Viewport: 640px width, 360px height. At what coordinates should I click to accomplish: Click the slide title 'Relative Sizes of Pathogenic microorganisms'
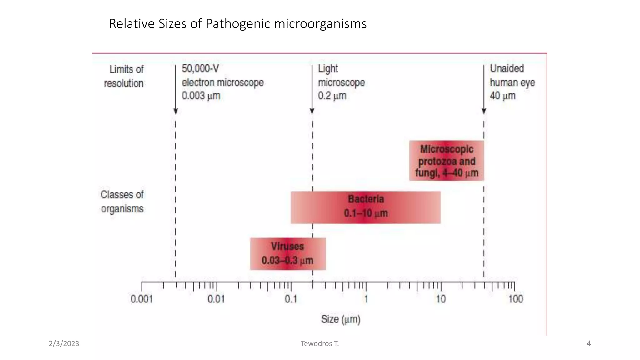pos(238,24)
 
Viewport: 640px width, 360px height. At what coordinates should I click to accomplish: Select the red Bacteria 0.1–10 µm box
pos(366,207)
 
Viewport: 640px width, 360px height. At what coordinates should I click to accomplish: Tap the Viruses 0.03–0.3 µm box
pos(288,254)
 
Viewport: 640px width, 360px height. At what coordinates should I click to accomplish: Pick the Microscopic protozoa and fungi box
pos(447,161)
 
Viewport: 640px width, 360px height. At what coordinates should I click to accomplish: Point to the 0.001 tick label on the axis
pos(142,299)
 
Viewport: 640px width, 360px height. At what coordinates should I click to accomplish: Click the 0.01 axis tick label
pos(216,299)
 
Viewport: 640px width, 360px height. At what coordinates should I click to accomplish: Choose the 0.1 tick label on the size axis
pos(291,299)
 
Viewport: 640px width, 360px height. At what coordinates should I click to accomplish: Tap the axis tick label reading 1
pos(366,299)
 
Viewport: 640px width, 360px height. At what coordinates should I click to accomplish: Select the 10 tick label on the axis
pos(441,299)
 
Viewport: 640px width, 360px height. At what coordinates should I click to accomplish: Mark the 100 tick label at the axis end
pos(515,299)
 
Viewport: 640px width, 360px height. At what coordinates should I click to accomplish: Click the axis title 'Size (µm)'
pos(341,319)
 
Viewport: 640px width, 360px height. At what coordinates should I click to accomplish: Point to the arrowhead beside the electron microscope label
pos(176,111)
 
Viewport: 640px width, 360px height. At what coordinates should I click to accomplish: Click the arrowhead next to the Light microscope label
pos(312,111)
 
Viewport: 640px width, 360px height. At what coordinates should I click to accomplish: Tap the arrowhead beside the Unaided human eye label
pos(484,111)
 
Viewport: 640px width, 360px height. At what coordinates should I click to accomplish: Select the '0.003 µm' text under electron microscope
pos(201,96)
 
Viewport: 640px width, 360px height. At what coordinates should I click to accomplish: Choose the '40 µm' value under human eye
pos(502,96)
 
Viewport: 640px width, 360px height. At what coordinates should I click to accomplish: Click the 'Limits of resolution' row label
pos(124,76)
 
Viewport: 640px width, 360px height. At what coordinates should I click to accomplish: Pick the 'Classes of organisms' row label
pos(122,202)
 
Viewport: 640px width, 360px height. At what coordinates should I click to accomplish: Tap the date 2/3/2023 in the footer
pos(64,343)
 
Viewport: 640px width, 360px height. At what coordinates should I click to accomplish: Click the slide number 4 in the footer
pos(589,343)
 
